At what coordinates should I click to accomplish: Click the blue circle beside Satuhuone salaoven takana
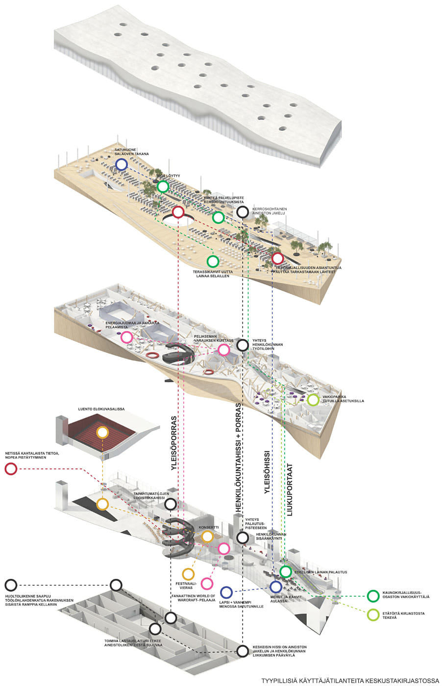121,165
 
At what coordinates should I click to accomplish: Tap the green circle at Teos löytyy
163,186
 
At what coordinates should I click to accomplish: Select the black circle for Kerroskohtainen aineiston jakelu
243,212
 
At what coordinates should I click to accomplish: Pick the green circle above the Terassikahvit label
212,261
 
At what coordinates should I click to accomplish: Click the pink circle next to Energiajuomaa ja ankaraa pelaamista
126,337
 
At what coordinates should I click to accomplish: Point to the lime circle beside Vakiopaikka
313,400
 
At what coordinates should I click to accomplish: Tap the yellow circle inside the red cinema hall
102,432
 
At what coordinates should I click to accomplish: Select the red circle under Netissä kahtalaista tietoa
11,469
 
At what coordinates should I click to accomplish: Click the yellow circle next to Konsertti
207,536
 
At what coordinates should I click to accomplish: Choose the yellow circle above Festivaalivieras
188,574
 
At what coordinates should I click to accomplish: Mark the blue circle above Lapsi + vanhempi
226,592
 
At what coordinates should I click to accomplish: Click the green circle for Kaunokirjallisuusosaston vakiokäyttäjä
373,596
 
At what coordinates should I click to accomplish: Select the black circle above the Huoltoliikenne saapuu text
11,585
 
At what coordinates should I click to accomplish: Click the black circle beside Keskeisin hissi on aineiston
243,651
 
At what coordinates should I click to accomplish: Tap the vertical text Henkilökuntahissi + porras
239,458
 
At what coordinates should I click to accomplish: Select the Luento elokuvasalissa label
101,409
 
